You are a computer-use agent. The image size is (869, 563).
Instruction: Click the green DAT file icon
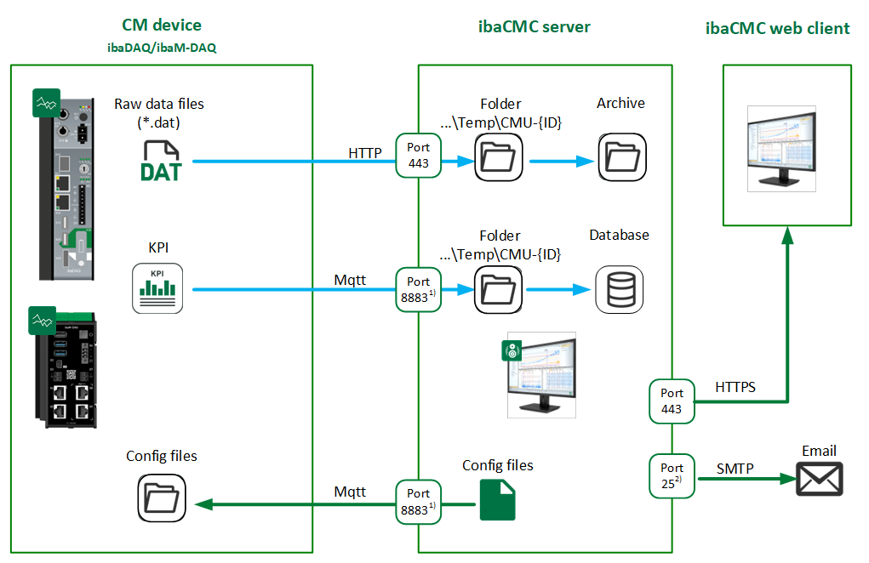click(x=161, y=161)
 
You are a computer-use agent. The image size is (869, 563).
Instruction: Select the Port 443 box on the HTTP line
click(x=419, y=156)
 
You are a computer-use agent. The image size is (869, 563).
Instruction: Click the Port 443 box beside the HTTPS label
click(x=672, y=401)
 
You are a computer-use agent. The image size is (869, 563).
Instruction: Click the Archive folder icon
click(x=620, y=157)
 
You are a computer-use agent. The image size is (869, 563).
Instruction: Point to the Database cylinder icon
click(x=619, y=289)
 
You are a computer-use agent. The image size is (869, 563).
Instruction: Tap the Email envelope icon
click(x=819, y=479)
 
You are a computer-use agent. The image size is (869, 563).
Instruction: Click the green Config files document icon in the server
click(x=497, y=499)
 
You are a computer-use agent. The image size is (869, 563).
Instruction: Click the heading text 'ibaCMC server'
click(x=534, y=26)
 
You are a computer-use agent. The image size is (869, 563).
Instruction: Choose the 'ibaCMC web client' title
click(x=777, y=28)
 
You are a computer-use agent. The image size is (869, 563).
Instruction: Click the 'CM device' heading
click(x=161, y=26)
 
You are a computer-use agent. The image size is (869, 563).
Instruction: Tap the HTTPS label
click(x=736, y=387)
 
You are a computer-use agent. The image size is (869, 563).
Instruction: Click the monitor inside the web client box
click(x=781, y=149)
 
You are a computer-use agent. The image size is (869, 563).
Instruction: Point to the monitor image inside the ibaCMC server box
click(x=541, y=374)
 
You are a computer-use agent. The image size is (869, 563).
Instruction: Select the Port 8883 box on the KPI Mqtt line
click(x=419, y=289)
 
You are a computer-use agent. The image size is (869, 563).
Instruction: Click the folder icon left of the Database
click(x=498, y=289)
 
